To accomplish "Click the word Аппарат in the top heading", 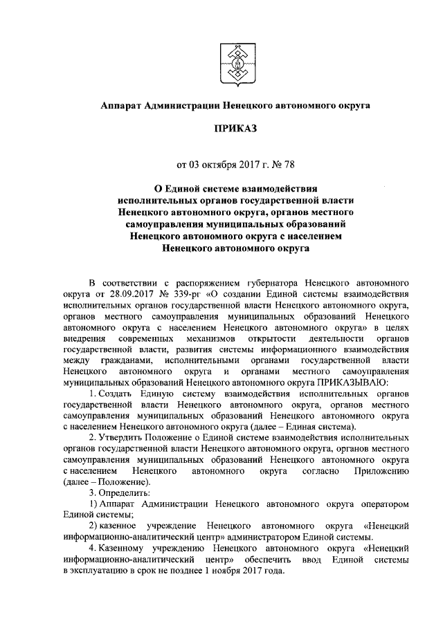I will tap(123, 105).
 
